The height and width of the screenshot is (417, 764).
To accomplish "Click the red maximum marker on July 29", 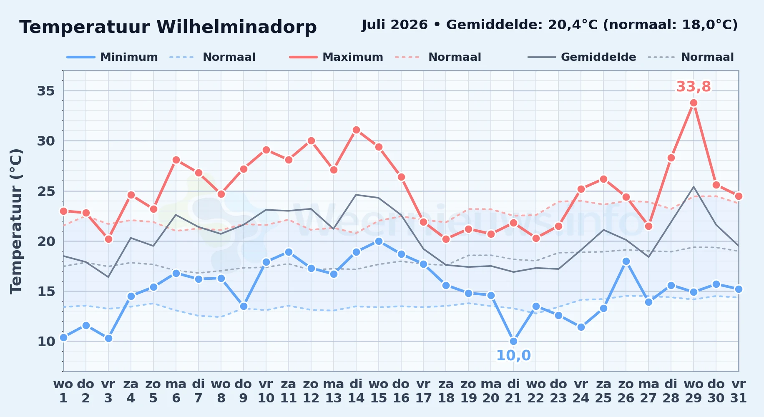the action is [694, 103].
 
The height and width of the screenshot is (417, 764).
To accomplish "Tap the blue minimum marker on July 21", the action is [513, 341].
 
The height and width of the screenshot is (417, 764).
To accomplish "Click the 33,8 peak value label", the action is [694, 87].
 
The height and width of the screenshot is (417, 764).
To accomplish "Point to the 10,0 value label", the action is [513, 355].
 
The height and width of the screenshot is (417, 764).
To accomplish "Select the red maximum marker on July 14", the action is [356, 130].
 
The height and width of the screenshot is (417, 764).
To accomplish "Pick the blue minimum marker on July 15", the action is [379, 241].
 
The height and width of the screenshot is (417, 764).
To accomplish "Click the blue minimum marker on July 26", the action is [626, 261].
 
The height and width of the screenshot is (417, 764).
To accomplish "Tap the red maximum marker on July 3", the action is [108, 239].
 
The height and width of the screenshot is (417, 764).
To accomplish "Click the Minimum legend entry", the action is [112, 57].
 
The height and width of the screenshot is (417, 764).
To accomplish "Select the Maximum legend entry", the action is [336, 57].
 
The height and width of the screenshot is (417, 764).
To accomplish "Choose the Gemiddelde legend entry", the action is [582, 57].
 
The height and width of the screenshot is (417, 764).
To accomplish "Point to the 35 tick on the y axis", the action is [46, 91].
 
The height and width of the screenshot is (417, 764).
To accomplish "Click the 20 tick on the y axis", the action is [46, 241].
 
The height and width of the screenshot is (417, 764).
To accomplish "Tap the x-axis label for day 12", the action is [311, 391].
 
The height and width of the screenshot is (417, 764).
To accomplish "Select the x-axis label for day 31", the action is [739, 391].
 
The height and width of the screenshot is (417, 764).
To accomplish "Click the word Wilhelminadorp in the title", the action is [236, 27].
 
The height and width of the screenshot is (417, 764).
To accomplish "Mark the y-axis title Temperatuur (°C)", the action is [16, 221].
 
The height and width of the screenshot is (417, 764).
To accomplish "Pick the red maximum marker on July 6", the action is [176, 160].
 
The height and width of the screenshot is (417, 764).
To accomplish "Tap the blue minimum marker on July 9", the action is [244, 306].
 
